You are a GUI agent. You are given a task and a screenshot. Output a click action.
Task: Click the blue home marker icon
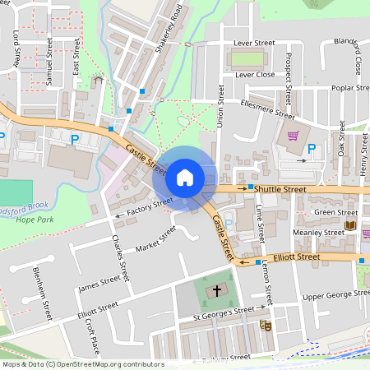(185, 177)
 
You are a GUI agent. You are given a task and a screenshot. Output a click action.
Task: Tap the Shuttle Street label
(280, 189)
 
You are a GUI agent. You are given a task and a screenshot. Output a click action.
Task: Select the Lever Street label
(253, 42)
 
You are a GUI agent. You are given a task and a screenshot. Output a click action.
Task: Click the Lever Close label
(255, 74)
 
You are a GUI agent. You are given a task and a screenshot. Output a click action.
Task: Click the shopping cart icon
(293, 136)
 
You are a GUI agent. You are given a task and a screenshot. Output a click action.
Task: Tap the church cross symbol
(218, 290)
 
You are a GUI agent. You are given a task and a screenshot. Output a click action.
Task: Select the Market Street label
(155, 238)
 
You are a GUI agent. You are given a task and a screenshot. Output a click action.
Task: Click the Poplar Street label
(351, 87)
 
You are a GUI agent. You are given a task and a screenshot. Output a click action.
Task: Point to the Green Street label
(336, 212)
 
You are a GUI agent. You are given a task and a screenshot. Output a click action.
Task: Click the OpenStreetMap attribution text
(83, 364)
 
